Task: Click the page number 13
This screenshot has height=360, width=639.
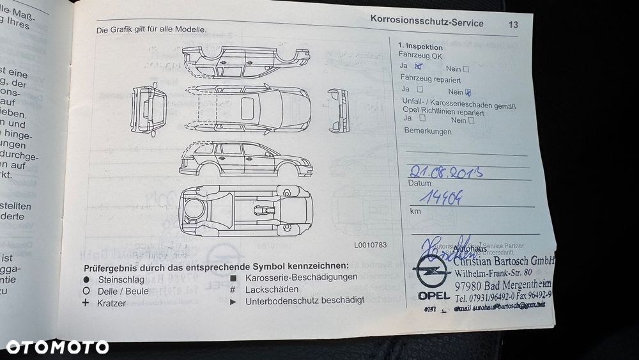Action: pyautogui.click(x=514, y=25)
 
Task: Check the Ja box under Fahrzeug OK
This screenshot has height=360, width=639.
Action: pyautogui.click(x=419, y=65)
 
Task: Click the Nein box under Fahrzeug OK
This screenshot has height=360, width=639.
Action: pyautogui.click(x=465, y=68)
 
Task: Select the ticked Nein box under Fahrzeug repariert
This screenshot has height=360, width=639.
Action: pyautogui.click(x=468, y=91)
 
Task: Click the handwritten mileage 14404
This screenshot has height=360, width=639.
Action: pyautogui.click(x=438, y=198)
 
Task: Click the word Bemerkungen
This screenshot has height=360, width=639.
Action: pyautogui.click(x=427, y=132)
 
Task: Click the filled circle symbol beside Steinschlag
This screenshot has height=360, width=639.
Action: pyautogui.click(x=86, y=279)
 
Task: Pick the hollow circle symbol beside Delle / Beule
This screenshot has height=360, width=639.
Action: pyautogui.click(x=86, y=290)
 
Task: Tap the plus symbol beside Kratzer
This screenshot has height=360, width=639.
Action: pyautogui.click(x=86, y=302)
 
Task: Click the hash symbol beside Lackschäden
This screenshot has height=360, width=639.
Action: pyautogui.click(x=233, y=289)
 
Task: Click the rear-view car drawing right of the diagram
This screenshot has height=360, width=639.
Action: pyautogui.click(x=338, y=110)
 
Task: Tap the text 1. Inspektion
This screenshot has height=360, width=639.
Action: pyautogui.click(x=420, y=46)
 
